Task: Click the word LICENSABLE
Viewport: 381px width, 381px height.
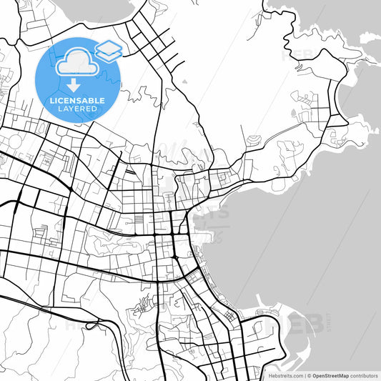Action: (78, 101)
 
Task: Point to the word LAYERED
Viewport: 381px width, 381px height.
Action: (78, 109)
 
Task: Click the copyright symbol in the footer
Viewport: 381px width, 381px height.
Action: (309, 375)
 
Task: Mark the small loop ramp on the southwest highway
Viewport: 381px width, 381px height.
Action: (91, 325)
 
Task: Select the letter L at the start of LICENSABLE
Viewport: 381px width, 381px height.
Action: (51, 101)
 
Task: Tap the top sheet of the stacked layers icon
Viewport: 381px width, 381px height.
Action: (109, 45)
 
